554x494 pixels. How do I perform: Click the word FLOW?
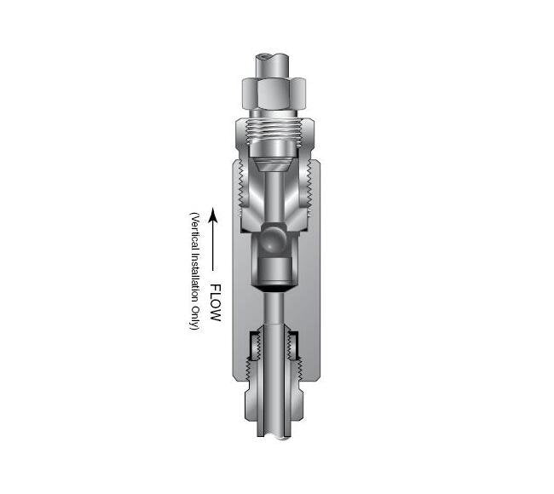tap(215, 304)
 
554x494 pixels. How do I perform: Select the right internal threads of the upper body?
tap(307, 192)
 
